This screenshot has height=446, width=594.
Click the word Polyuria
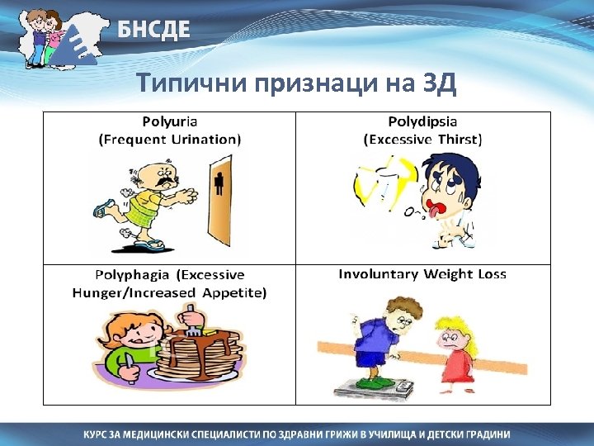170,121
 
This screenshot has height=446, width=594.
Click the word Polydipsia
423,121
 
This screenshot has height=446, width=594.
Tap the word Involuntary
376,274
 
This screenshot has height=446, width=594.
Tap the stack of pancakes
198,351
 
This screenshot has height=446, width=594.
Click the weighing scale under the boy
371,385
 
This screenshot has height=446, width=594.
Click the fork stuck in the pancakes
191,318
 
